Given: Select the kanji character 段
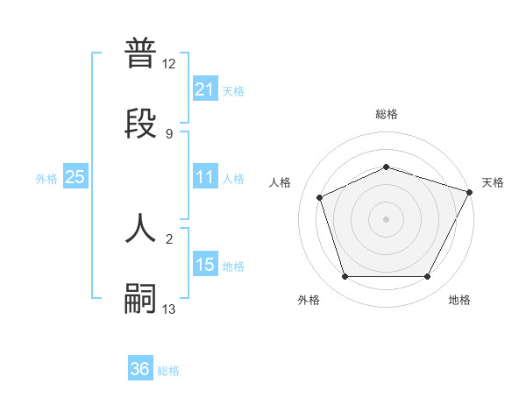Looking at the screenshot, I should [x=141, y=123].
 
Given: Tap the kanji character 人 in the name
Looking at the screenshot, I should [x=141, y=228].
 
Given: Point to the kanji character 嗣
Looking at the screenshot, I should [x=141, y=298].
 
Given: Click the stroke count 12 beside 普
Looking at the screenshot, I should [x=169, y=64].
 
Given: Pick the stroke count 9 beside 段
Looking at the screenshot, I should [x=169, y=133].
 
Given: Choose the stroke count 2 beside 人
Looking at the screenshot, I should [x=169, y=238].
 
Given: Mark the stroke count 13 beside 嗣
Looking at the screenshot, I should [x=169, y=309].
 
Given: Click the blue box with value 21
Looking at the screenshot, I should [x=204, y=89].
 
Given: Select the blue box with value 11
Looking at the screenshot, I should [x=204, y=177].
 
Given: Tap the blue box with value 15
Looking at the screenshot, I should [x=204, y=265].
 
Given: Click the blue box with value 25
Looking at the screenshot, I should [x=75, y=177].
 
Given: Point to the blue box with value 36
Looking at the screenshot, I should [x=140, y=369].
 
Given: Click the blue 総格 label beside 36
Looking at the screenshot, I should [x=169, y=371].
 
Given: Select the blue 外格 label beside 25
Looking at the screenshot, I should [x=46, y=179].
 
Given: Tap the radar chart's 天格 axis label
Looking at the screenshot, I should [x=493, y=182].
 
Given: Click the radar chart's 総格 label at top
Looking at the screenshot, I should [x=386, y=114].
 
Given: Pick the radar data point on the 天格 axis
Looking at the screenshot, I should [x=471, y=191].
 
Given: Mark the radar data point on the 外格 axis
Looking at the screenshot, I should [x=344, y=277].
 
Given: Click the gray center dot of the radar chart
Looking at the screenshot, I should [x=386, y=219].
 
